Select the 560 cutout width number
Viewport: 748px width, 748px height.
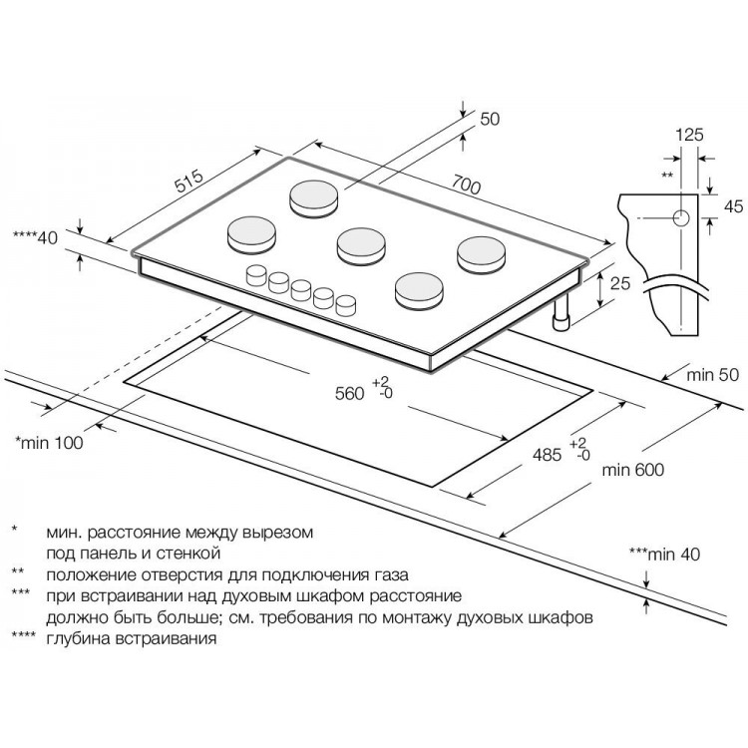click(x=349, y=393)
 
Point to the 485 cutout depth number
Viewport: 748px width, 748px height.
click(x=547, y=456)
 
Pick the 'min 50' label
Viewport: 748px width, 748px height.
click(x=711, y=375)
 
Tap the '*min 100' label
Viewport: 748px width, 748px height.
click(x=49, y=441)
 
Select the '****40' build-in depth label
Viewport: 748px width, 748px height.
click(x=34, y=237)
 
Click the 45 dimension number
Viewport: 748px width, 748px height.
click(x=733, y=206)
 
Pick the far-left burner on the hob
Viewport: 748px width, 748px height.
click(x=249, y=233)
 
